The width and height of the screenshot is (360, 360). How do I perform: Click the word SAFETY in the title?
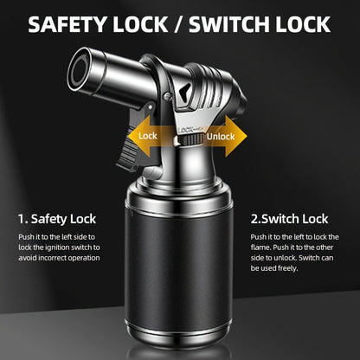tap(68, 24)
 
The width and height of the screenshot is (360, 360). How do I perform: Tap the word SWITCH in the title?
tap(229, 24)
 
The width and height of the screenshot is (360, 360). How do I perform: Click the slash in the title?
tap(178, 24)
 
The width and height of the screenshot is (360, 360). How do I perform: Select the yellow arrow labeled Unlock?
tap(224, 136)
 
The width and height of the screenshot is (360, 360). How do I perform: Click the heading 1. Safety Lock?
tap(57, 219)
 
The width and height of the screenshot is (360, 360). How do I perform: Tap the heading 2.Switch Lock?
tap(289, 219)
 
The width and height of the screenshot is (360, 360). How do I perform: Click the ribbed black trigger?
tap(128, 150)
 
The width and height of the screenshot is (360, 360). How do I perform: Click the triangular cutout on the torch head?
tap(183, 91)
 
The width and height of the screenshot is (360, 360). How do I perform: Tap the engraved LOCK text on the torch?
tap(185, 130)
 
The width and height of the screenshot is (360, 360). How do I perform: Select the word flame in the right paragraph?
tap(260, 247)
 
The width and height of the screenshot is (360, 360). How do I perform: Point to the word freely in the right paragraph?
tap(287, 268)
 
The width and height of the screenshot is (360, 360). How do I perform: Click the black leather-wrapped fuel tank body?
tap(179, 268)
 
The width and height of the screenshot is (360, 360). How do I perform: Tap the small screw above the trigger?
tap(166, 96)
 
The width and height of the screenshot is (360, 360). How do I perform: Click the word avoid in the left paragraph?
tap(28, 258)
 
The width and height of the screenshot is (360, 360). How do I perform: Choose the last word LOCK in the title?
tap(303, 24)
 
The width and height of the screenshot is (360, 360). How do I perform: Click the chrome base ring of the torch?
tap(179, 336)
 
